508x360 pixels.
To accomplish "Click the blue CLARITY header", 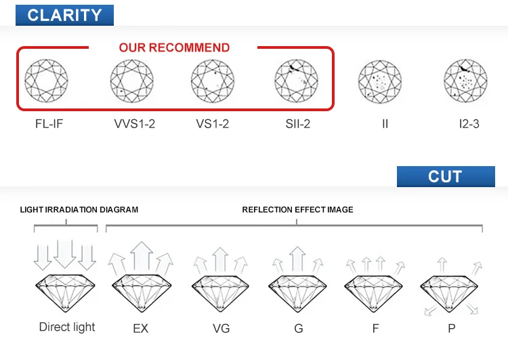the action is [x=64, y=14].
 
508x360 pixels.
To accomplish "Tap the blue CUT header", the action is [x=445, y=176].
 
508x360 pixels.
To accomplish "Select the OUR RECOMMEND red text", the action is [x=174, y=47].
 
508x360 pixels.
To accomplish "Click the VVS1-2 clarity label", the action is [x=135, y=125].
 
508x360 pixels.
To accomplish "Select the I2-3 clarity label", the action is [x=469, y=125].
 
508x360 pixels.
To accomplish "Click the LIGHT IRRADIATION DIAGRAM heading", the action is [x=79, y=209].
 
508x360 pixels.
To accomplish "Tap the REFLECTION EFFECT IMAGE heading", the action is [x=297, y=209].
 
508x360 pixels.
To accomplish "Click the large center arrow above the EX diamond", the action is [x=141, y=256].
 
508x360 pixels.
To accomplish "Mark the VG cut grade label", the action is [x=221, y=329].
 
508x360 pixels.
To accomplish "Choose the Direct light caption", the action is [x=67, y=327].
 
